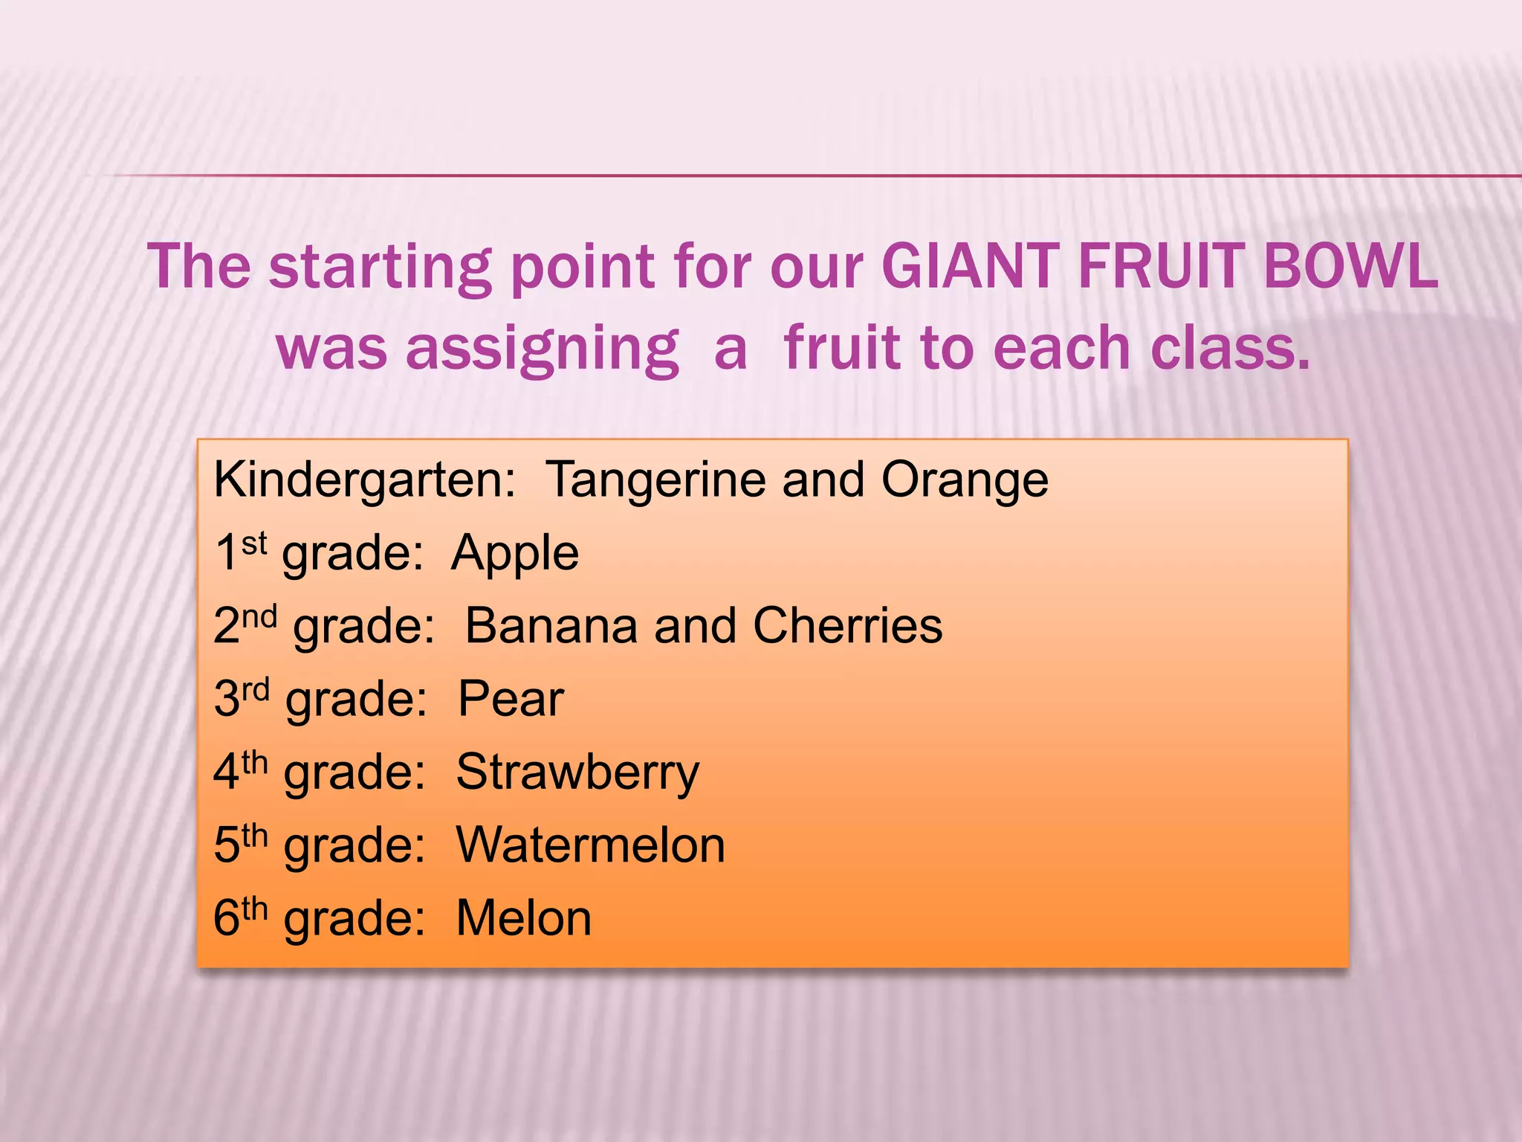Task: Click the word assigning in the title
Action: click(542, 349)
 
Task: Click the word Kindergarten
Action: click(364, 480)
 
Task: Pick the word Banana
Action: click(551, 625)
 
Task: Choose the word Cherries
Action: click(847, 625)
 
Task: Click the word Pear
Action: click(511, 698)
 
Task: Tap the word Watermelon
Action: click(590, 845)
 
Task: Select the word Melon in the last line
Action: click(523, 918)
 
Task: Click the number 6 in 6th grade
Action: click(226, 918)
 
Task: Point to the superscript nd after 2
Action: click(259, 616)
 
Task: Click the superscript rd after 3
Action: click(255, 689)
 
